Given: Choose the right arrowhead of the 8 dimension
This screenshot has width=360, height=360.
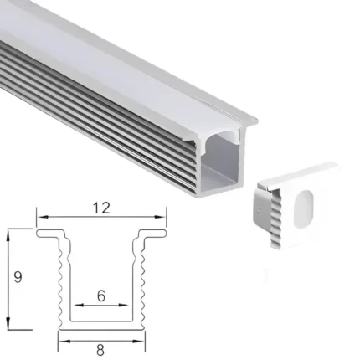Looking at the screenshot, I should coord(141,340).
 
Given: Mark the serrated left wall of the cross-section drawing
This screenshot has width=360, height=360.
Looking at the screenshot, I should coord(61,285).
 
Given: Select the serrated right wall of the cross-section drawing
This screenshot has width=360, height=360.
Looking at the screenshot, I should coord(141,285).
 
